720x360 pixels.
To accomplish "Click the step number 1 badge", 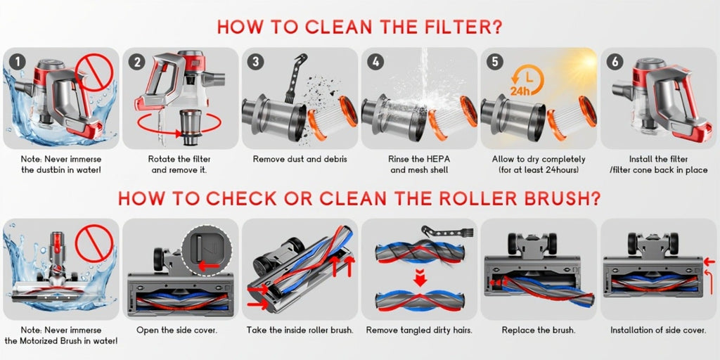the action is click(17, 62).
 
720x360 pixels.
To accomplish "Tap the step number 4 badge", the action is click(375, 62).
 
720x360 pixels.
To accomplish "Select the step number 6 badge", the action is click(615, 62).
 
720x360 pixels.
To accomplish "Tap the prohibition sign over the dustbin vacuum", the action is click(95, 73).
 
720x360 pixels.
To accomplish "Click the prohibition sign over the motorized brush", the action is click(94, 243).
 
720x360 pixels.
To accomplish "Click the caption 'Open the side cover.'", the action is click(176, 330).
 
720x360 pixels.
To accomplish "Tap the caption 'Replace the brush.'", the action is click(539, 330).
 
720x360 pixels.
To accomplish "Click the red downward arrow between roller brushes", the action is click(420, 278).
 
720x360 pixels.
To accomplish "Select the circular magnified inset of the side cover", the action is click(205, 251).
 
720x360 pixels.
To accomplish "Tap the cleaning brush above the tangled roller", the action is click(447, 232).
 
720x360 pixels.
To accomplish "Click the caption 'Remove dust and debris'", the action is click(300, 160).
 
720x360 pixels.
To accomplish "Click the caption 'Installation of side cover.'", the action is click(658, 330).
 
